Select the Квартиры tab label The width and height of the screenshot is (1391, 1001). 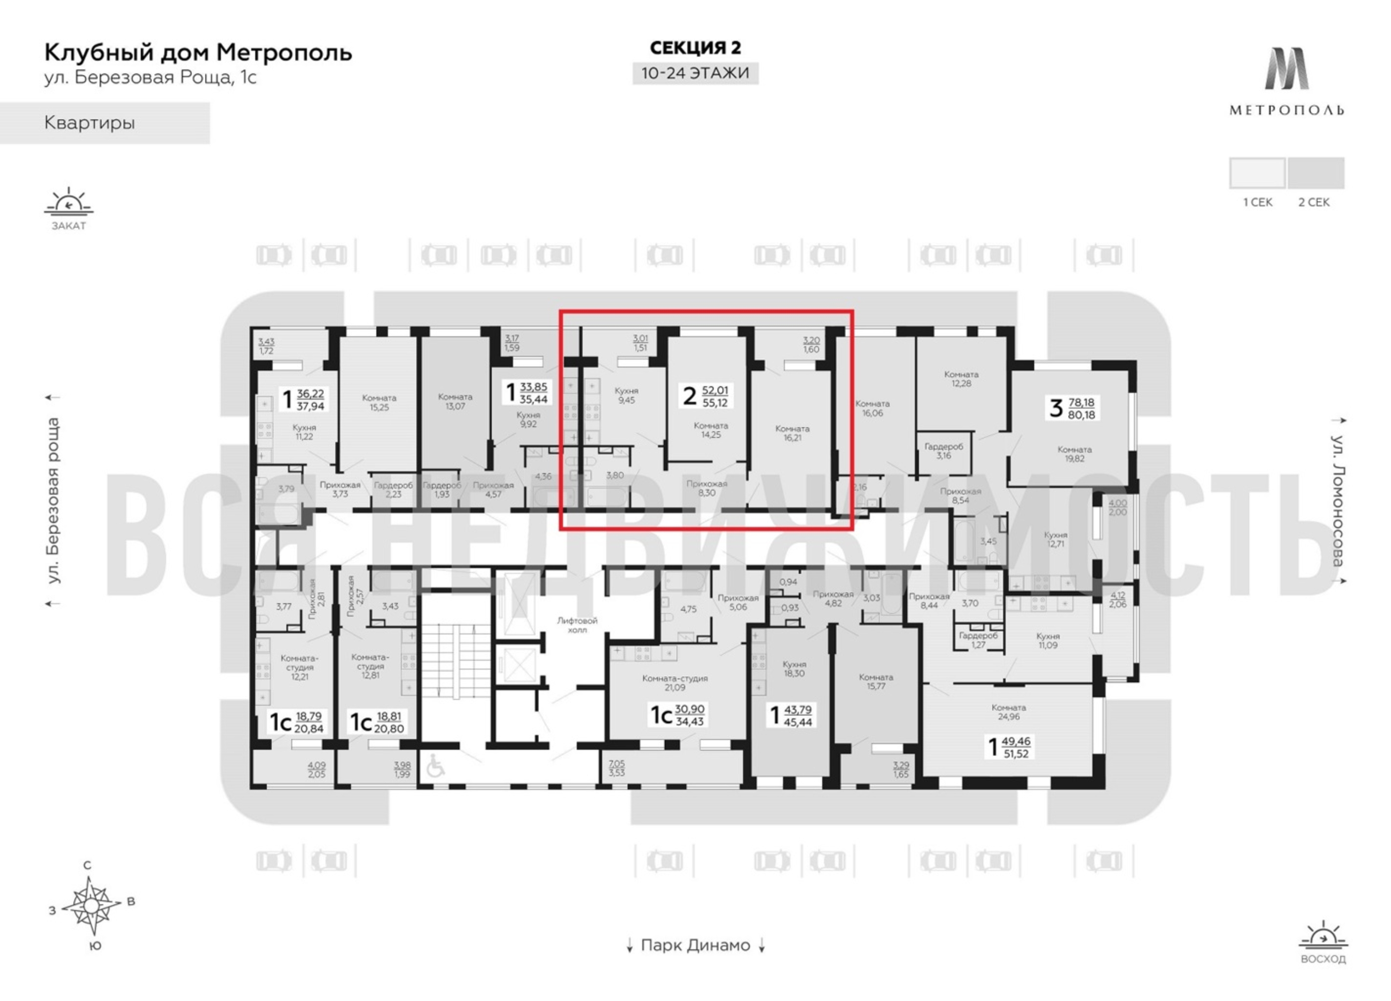(90, 123)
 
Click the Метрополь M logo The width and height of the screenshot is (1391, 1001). (1286, 69)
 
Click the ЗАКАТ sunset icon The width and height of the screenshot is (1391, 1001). (69, 202)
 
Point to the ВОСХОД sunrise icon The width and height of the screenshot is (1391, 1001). (1323, 936)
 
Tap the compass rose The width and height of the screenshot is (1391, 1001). (91, 905)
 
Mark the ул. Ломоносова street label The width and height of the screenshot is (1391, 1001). (1337, 500)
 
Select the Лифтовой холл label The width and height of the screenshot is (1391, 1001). (577, 625)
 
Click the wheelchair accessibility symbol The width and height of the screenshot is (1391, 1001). (435, 766)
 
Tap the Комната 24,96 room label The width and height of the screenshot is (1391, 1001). (1008, 712)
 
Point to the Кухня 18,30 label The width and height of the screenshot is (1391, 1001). (794, 669)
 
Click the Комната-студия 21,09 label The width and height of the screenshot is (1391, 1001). (675, 683)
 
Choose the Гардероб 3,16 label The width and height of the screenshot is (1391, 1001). (944, 451)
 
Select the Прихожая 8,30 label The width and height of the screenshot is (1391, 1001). (707, 487)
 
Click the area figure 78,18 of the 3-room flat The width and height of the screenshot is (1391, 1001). (1081, 403)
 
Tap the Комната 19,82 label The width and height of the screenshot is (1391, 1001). (1074, 454)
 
